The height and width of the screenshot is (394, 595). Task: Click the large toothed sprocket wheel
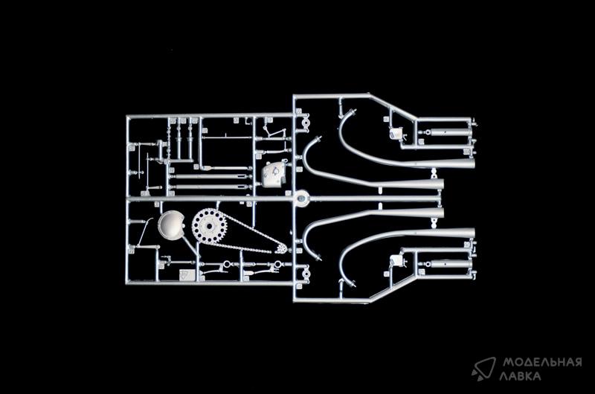pyautogui.click(x=209, y=226)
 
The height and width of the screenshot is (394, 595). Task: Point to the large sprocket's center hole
pyautogui.click(x=209, y=226)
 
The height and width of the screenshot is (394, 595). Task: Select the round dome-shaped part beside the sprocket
pyautogui.click(x=172, y=225)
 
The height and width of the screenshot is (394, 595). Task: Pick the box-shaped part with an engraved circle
pyautogui.click(x=273, y=174)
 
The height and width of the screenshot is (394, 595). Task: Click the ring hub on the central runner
pyautogui.click(x=301, y=198)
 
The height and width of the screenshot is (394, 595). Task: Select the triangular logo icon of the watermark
pyautogui.click(x=483, y=368)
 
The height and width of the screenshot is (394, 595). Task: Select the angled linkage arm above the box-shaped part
pyautogui.click(x=274, y=135)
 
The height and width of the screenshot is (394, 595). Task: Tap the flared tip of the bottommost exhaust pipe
pyautogui.click(x=469, y=233)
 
